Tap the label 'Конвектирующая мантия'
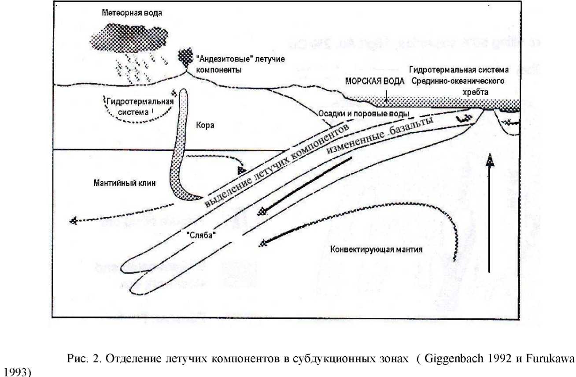(377, 249)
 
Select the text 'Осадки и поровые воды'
(363, 114)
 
